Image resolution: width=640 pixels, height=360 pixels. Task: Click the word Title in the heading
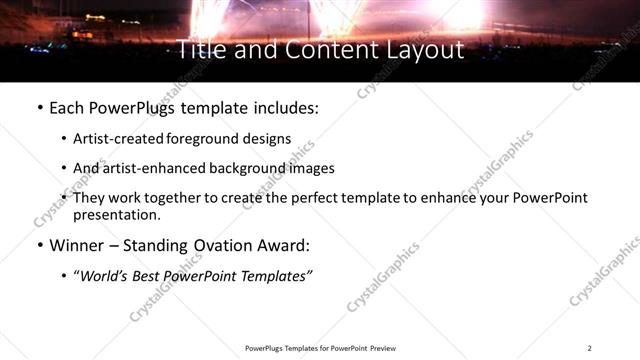pyautogui.click(x=200, y=49)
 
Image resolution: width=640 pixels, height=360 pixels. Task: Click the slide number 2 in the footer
pyautogui.click(x=590, y=347)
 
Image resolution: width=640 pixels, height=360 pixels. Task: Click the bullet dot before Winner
pyautogui.click(x=39, y=244)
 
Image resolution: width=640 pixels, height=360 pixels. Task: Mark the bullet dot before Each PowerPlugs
pyautogui.click(x=39, y=105)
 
